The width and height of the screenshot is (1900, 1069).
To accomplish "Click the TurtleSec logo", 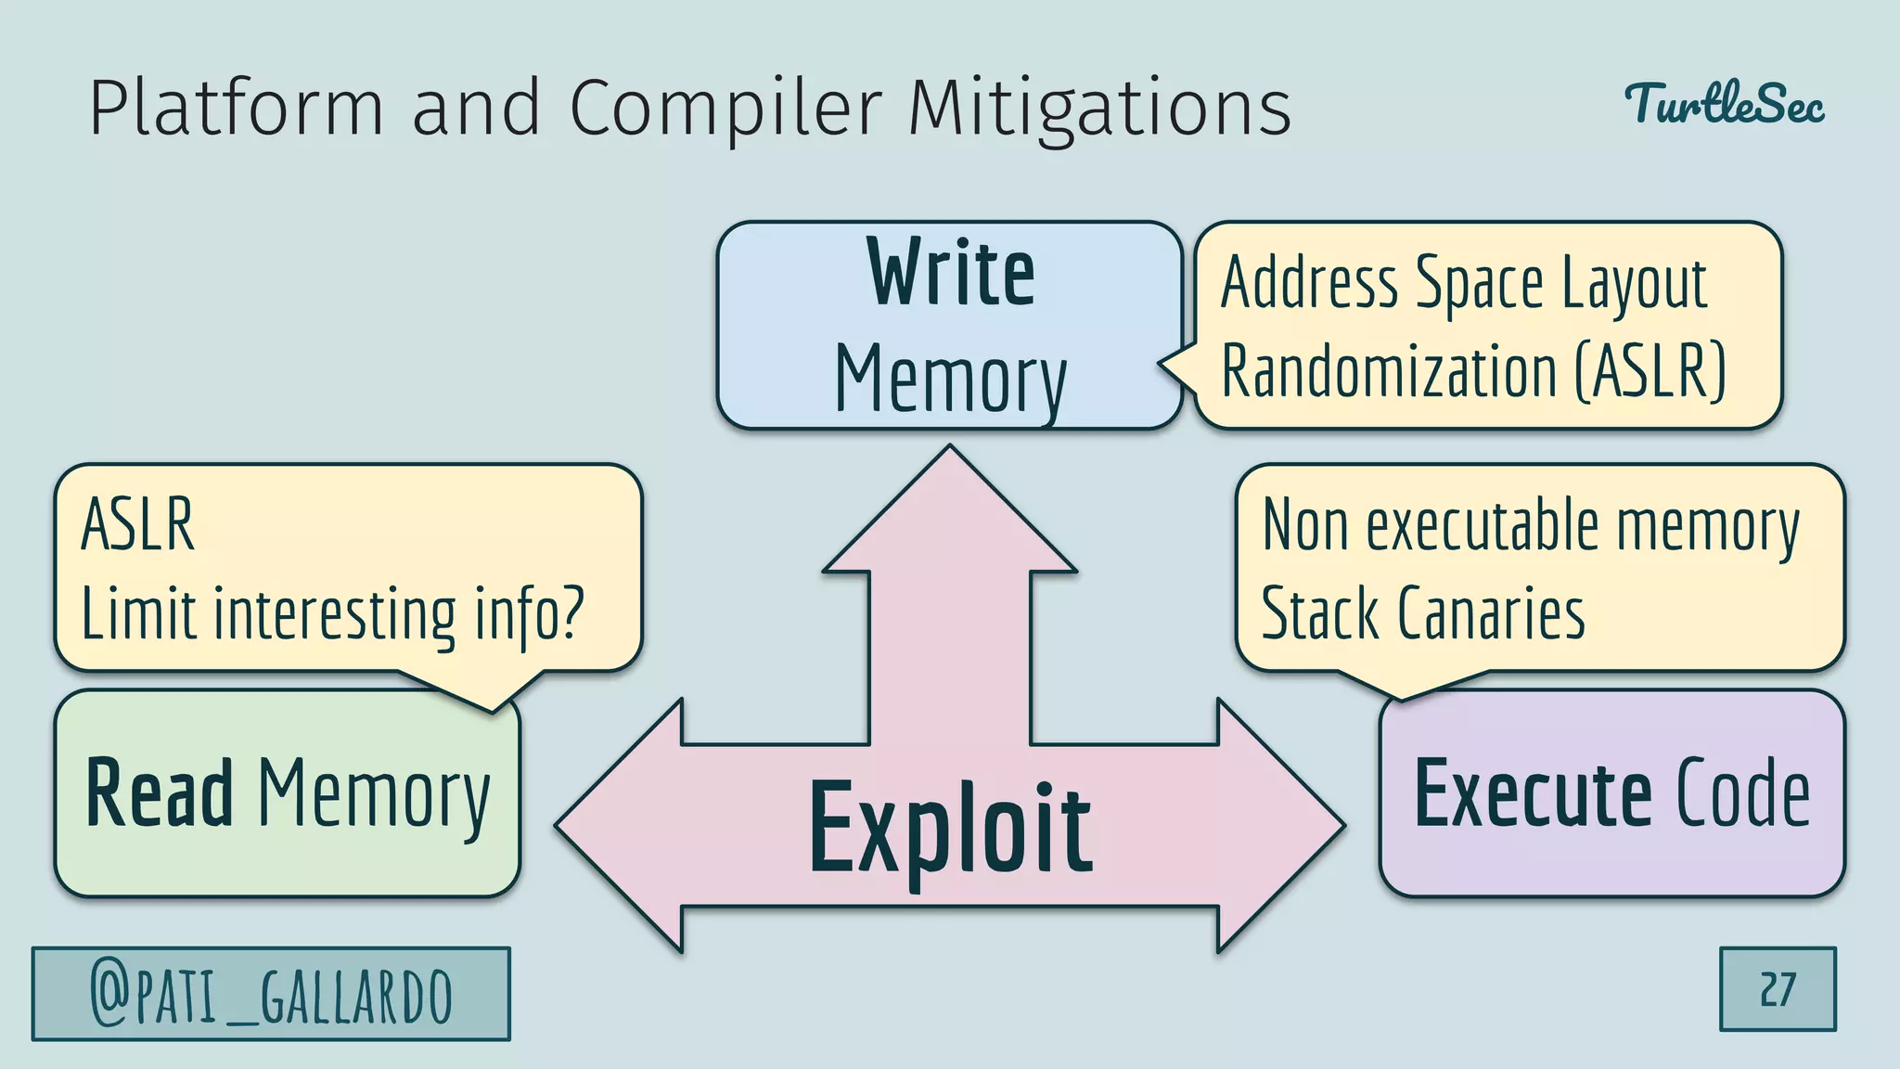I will point(1724,104).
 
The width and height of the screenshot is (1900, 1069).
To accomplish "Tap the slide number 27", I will point(1778,989).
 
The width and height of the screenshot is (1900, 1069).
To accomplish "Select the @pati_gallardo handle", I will point(271,994).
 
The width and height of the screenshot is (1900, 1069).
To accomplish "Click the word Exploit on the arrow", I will point(950,829).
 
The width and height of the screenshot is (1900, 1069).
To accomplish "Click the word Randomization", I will point(1389,370).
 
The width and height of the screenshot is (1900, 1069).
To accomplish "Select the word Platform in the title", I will point(237,108).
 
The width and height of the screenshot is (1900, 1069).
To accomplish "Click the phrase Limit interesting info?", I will point(332,613).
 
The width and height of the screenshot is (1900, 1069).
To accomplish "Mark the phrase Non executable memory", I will point(1531,525).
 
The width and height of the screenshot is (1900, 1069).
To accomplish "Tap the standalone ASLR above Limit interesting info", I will point(138,524).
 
